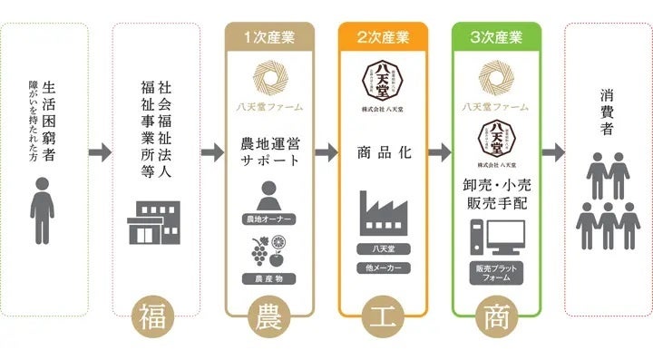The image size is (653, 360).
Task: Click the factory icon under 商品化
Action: (x=383, y=214)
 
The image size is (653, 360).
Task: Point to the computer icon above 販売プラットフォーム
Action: (x=496, y=237)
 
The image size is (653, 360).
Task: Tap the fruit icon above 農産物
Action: (x=269, y=250)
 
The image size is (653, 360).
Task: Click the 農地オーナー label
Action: (x=269, y=219)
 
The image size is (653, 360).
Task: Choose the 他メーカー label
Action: (x=383, y=269)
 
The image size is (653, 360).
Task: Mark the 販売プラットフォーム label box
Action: (x=496, y=273)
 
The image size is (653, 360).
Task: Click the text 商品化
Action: (x=384, y=152)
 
